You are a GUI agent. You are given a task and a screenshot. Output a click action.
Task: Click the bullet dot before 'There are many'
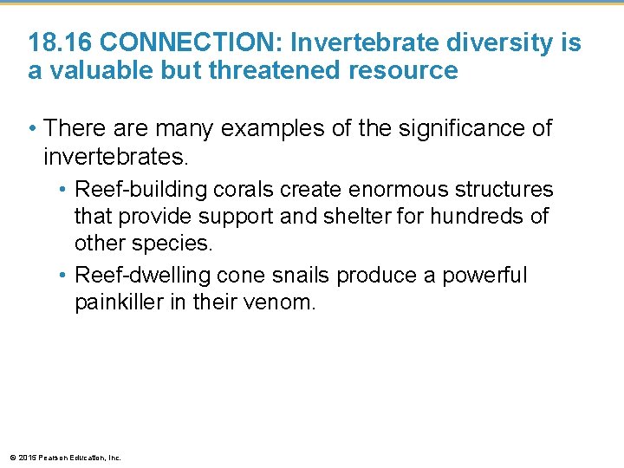pos(33,129)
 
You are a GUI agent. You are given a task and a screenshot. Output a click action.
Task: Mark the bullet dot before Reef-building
pos(65,189)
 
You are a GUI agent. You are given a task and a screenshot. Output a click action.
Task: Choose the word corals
pos(243,189)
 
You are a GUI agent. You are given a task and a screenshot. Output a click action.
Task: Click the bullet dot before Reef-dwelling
pos(65,276)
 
